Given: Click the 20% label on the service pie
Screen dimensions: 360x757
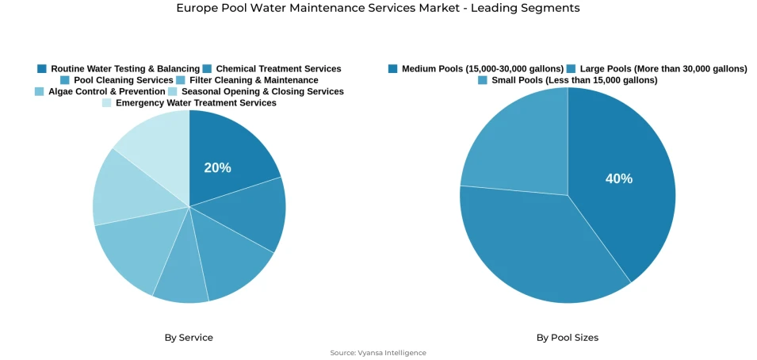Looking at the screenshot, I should tap(217, 168).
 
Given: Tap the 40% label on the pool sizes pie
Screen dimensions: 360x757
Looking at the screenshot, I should tap(619, 178).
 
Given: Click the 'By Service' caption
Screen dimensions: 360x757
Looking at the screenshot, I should tap(189, 338).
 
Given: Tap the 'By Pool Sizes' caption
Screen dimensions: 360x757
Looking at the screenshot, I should tap(568, 338).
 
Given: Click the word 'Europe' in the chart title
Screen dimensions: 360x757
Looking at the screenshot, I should tap(195, 8).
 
